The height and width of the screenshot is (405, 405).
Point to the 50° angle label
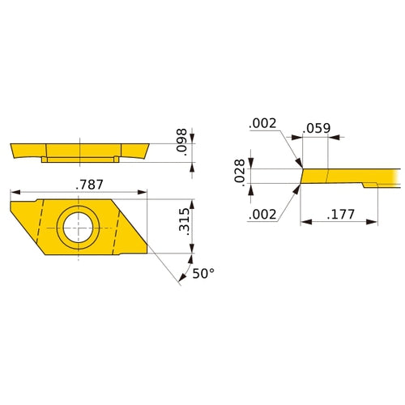(202, 274)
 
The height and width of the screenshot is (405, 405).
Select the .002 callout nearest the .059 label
(264, 123)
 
